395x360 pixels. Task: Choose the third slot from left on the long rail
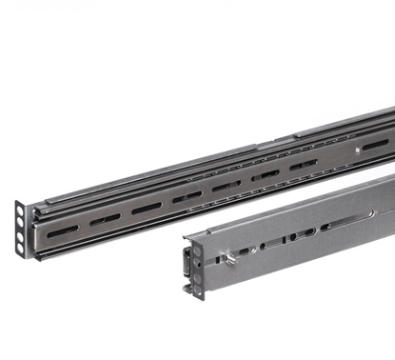(x=147, y=208)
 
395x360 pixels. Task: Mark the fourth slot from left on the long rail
(x=188, y=196)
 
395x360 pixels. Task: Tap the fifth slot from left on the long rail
(x=227, y=186)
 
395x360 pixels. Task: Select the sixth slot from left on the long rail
(x=266, y=175)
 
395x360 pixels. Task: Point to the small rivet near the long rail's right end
(x=358, y=150)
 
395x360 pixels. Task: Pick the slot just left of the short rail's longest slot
(x=306, y=233)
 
